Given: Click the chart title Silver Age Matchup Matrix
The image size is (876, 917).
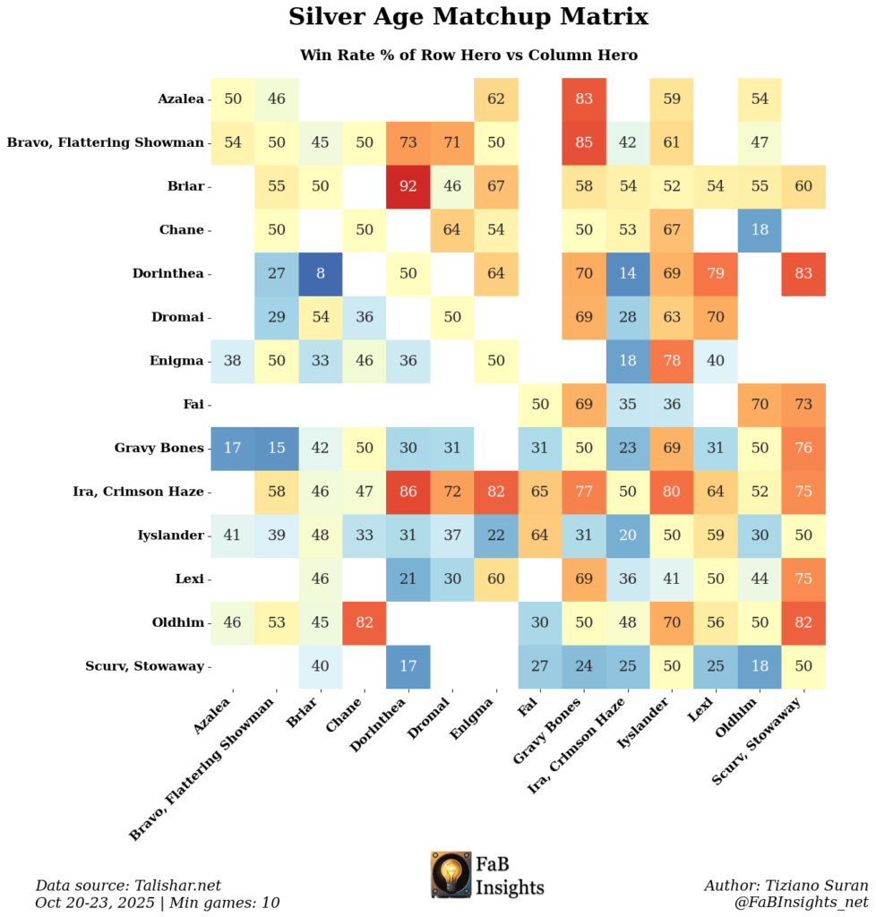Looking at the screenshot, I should coord(468,17).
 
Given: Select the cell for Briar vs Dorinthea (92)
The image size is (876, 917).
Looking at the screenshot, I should coord(408,185).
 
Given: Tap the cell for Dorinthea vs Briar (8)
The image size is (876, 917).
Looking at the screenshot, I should coord(321,273).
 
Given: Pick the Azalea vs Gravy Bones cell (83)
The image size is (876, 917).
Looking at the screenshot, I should coord(584,99).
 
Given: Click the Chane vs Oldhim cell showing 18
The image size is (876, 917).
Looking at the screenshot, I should coord(760,229).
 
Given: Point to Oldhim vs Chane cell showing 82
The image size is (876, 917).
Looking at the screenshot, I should coord(365,622).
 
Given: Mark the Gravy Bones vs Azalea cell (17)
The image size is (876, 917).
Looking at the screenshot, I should coord(233,448).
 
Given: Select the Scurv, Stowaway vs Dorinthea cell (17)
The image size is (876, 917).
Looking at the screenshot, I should coord(408,666).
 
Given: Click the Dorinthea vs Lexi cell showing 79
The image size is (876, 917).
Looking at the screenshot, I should coord(716,273).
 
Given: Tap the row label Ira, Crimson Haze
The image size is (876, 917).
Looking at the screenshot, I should coord(139,492).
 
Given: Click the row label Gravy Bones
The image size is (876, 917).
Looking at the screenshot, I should coord(159,448).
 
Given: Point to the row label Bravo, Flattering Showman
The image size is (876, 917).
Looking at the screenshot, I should coord(106,142).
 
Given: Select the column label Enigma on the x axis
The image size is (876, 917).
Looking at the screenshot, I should coord(477,722).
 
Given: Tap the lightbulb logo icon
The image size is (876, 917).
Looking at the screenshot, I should coord(451,874).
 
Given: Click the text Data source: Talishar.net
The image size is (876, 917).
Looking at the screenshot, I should coord(127,885).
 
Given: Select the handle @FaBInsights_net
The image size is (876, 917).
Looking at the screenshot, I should coord(802,902).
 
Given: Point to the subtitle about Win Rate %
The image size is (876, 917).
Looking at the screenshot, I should coord(468,56).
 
